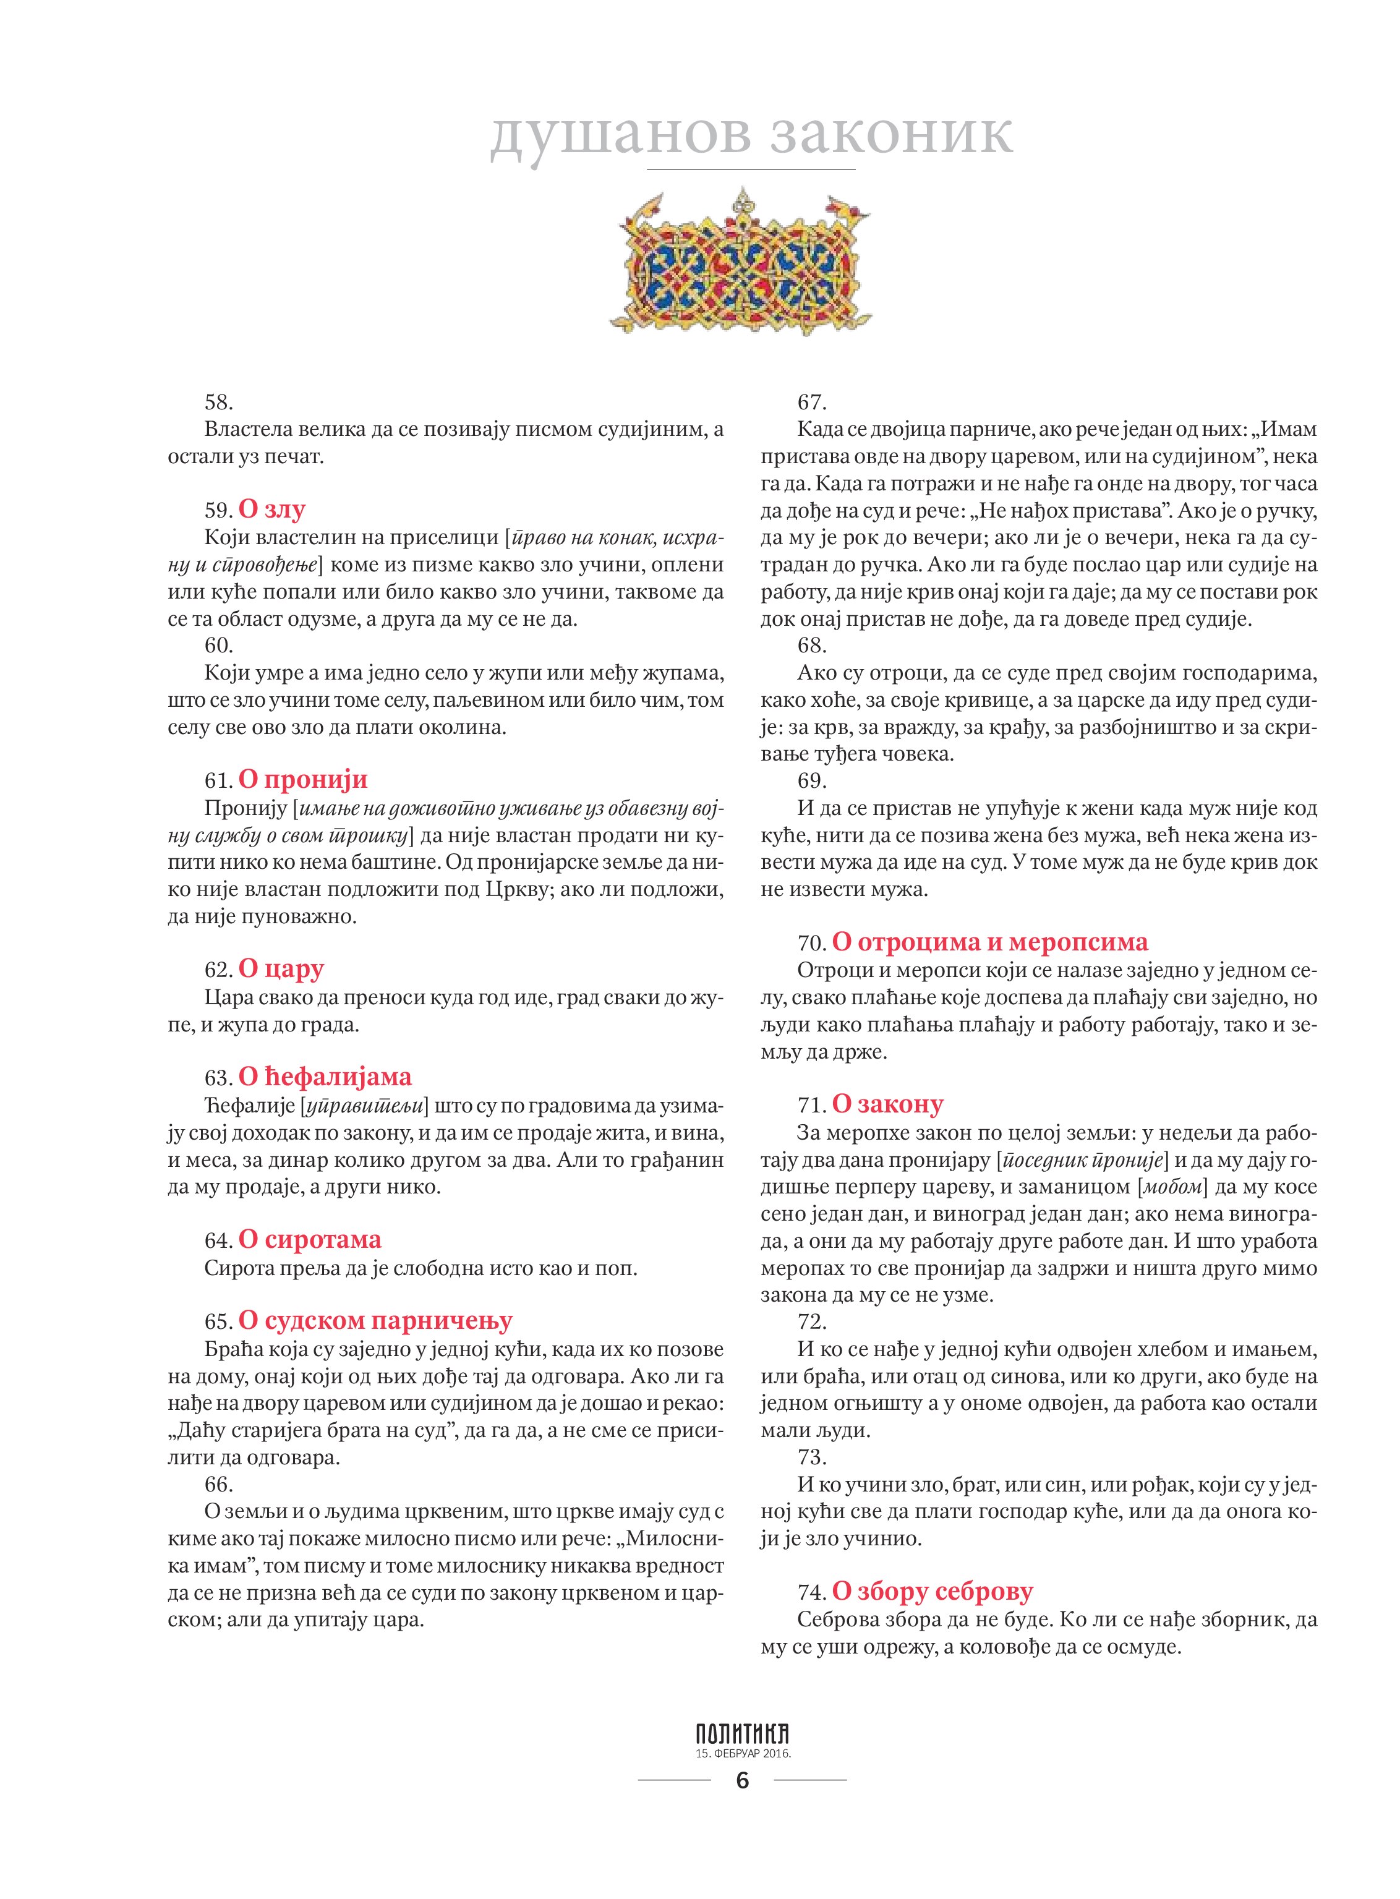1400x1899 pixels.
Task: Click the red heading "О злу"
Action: click(x=271, y=510)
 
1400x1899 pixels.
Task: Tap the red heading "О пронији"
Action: click(x=302, y=780)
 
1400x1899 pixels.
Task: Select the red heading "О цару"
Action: click(x=281, y=968)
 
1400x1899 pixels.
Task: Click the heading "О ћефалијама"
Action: click(x=325, y=1077)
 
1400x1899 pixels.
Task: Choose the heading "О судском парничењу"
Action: click(x=375, y=1321)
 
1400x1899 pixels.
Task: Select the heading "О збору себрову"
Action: click(x=933, y=1592)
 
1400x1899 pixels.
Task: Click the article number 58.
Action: click(x=219, y=402)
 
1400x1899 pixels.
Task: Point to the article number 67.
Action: click(x=812, y=402)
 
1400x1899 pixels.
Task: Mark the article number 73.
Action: click(x=812, y=1457)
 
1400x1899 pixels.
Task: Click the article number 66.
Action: click(x=219, y=1484)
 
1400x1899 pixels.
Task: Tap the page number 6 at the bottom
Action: click(x=743, y=1782)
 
